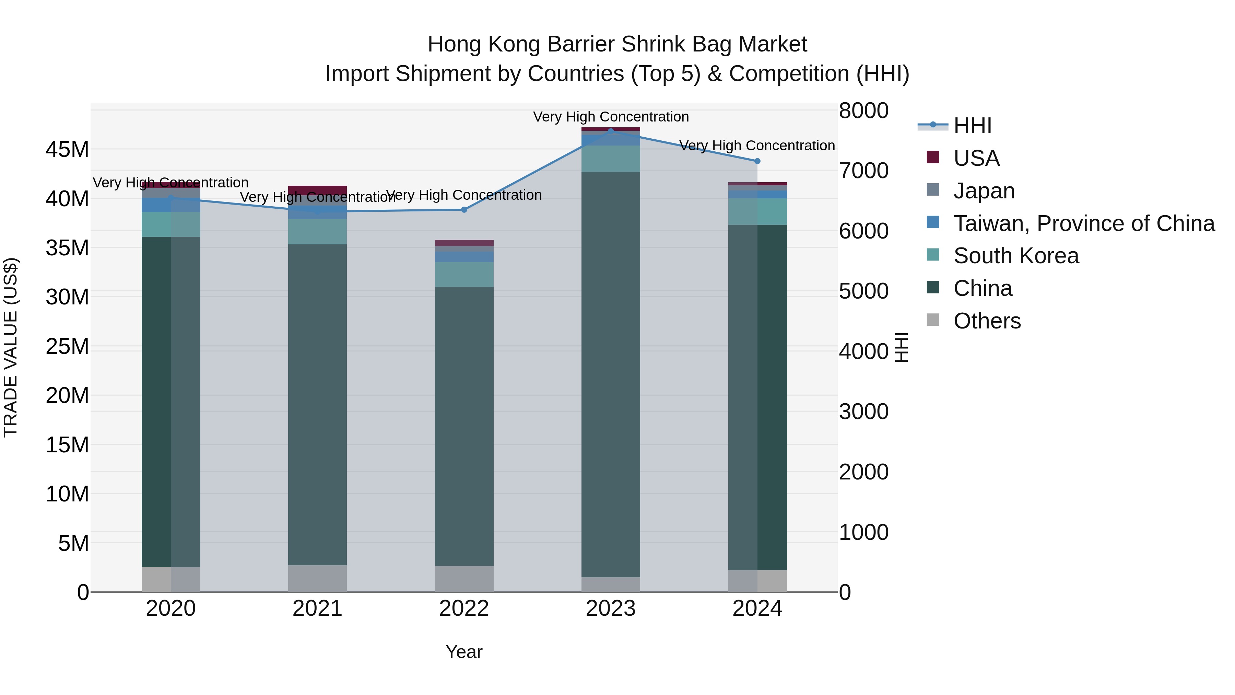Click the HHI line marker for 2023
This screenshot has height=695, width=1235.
click(x=610, y=131)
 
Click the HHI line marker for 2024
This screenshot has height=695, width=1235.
click(x=757, y=161)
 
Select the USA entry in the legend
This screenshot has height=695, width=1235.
click(x=976, y=158)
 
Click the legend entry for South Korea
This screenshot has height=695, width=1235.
click(x=1015, y=256)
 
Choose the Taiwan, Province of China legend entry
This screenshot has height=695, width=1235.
click(x=1083, y=223)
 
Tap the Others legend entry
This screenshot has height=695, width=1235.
click(x=987, y=321)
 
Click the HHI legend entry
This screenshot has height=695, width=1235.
click(x=972, y=126)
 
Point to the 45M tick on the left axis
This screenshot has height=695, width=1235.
click(x=67, y=150)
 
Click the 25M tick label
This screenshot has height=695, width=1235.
click(x=67, y=346)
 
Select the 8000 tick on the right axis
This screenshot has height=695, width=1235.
click(x=863, y=110)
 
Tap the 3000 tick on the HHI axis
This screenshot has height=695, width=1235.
click(x=863, y=412)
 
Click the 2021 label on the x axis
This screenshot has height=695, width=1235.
click(x=317, y=609)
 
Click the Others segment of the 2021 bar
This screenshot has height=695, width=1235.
click(x=317, y=578)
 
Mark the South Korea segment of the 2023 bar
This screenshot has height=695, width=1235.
click(x=610, y=159)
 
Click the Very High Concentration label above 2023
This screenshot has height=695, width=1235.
click(x=610, y=117)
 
